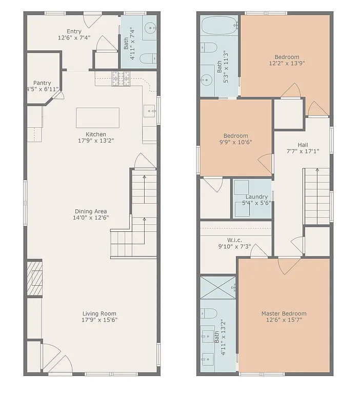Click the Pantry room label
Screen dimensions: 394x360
pyautogui.click(x=42, y=83)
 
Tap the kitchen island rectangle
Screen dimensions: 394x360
pyautogui.click(x=97, y=117)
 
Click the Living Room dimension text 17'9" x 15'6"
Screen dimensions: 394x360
pyautogui.click(x=99, y=320)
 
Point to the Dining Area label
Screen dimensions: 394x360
pyautogui.click(x=91, y=211)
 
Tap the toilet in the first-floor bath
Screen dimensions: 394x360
pyautogui.click(x=147, y=58)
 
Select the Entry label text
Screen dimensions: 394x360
pyautogui.click(x=74, y=31)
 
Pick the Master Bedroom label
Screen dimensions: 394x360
pyautogui.click(x=284, y=313)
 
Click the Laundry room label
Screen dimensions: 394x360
pyautogui.click(x=256, y=196)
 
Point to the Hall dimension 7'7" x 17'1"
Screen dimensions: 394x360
pyautogui.click(x=303, y=151)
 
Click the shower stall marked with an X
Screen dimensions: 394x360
pyautogui.click(x=217, y=287)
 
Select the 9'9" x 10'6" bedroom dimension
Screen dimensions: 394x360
pyautogui.click(x=235, y=142)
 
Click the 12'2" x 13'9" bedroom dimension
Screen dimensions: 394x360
pyautogui.click(x=287, y=64)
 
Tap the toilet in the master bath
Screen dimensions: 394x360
pyautogui.click(x=209, y=312)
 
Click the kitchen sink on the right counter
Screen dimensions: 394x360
pyautogui.click(x=149, y=109)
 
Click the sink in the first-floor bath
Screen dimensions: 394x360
pyautogui.click(x=150, y=29)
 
